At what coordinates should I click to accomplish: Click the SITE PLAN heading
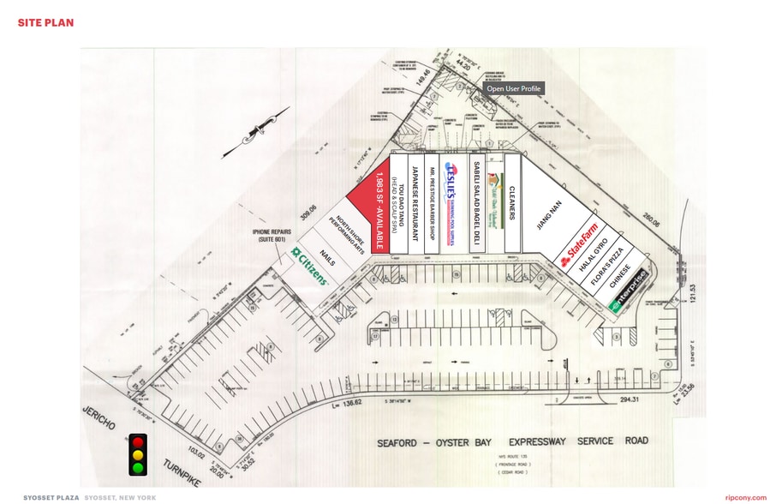point(45,21)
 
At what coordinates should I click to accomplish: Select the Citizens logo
point(309,267)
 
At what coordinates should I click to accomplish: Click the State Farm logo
point(579,244)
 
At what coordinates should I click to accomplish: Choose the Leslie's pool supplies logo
point(454,204)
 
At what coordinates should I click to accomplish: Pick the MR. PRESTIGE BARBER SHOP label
point(434,203)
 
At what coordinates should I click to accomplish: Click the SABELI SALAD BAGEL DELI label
point(474,203)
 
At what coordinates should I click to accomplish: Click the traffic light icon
point(137,453)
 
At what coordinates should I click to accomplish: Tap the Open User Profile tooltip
point(514,88)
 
